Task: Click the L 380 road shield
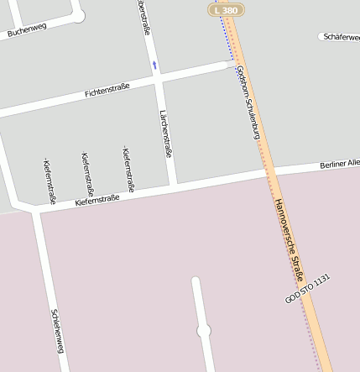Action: (x=225, y=9)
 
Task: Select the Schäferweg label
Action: (x=339, y=37)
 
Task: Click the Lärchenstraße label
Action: (x=166, y=134)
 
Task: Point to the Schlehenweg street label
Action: (x=57, y=330)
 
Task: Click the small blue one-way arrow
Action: (x=154, y=65)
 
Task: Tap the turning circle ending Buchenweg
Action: (x=79, y=15)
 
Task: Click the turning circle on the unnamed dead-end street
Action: (x=203, y=332)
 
